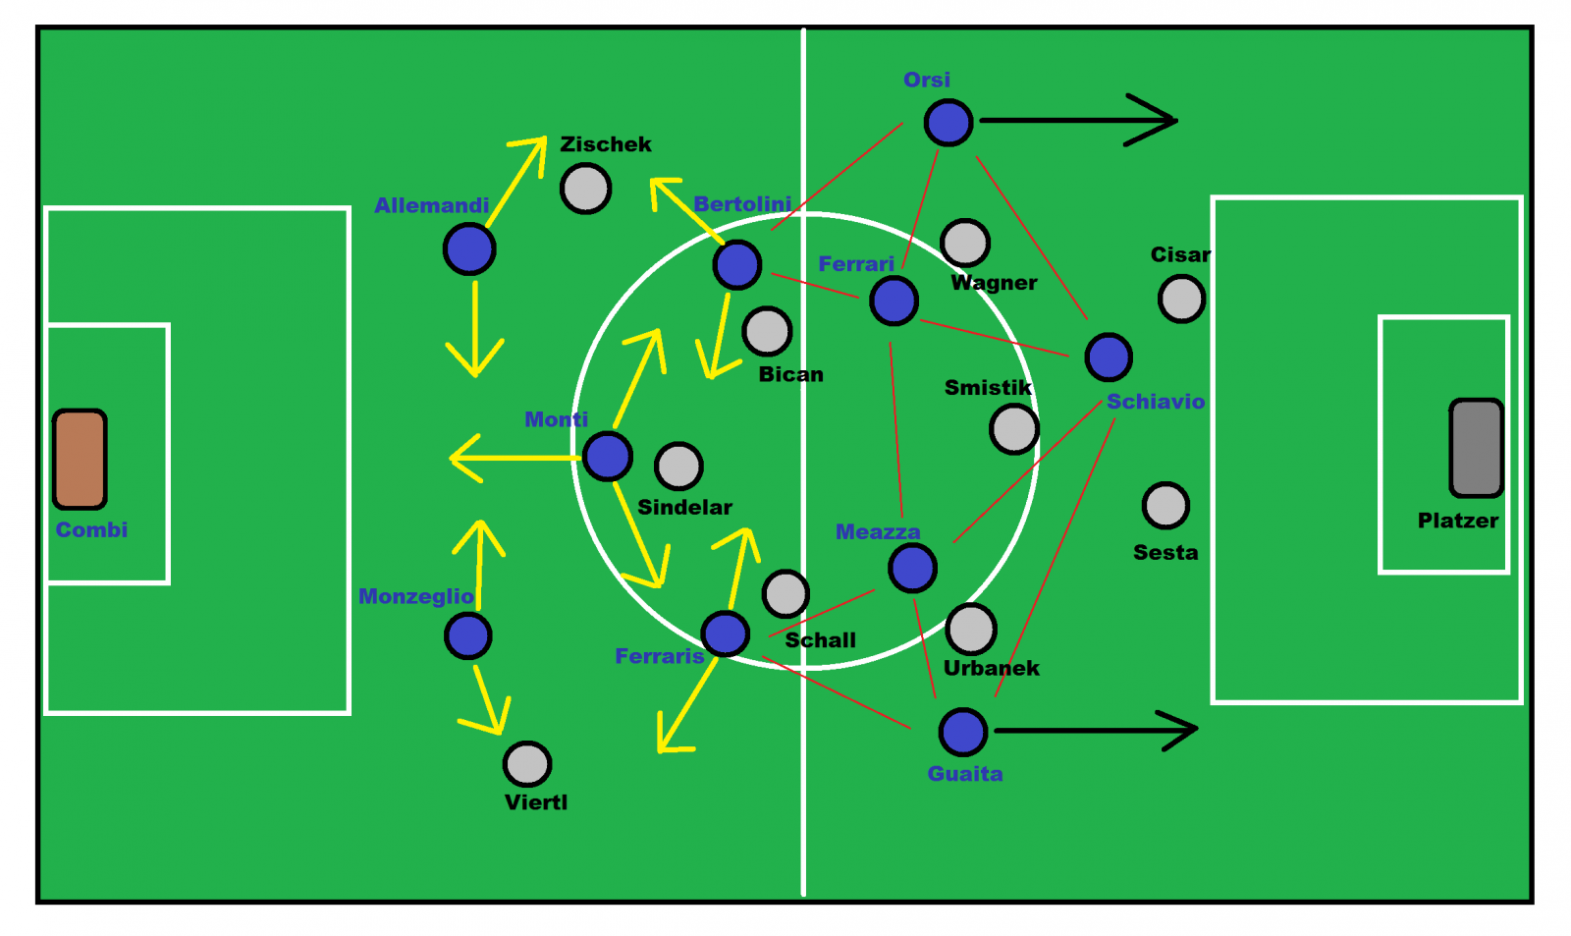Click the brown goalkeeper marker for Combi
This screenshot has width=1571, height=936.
tap(80, 459)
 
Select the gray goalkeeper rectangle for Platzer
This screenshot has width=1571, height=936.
tap(1477, 448)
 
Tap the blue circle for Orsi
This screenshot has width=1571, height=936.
tap(948, 123)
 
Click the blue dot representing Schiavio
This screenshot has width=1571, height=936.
tap(1109, 358)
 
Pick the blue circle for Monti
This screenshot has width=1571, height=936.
tap(608, 457)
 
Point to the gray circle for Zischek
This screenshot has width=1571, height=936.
tap(585, 188)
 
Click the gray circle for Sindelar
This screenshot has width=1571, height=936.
tap(678, 466)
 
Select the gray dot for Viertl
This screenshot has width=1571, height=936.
tap(527, 764)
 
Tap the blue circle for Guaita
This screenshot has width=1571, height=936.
tap(963, 732)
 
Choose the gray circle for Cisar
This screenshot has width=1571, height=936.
tap(1182, 299)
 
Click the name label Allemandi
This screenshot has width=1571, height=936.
tap(431, 205)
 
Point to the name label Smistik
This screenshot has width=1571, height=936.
tap(988, 387)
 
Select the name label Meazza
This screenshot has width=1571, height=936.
tap(878, 532)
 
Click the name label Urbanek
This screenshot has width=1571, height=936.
tap(991, 668)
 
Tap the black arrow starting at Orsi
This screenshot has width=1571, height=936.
tap(1079, 121)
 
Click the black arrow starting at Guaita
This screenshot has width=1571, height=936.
tap(1096, 731)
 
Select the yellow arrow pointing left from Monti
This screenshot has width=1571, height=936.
tap(515, 458)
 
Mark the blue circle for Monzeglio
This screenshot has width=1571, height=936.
tap(467, 635)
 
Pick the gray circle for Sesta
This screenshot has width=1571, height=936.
tap(1165, 505)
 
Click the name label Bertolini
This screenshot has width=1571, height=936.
tap(742, 204)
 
